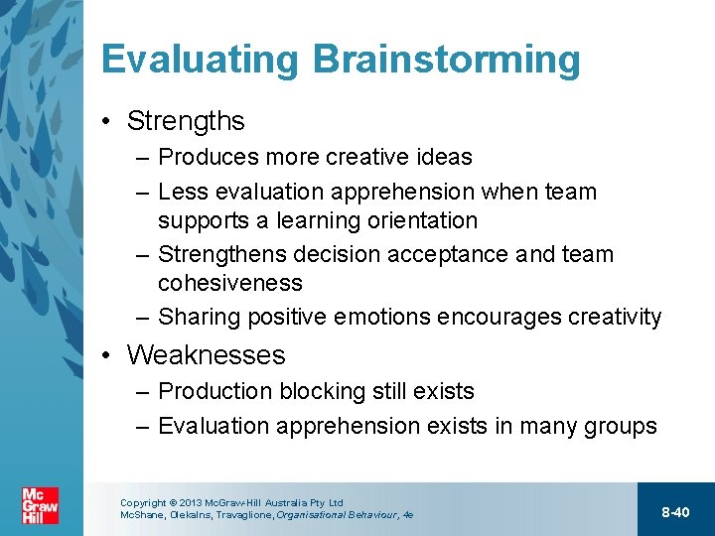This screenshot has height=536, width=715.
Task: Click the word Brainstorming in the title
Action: (x=446, y=60)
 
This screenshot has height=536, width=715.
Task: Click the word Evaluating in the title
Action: (x=199, y=60)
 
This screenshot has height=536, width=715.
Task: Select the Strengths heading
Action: (x=186, y=121)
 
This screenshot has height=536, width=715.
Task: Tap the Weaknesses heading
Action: (x=206, y=354)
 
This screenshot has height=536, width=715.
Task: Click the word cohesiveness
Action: (x=229, y=283)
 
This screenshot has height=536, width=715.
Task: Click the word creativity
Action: (x=614, y=317)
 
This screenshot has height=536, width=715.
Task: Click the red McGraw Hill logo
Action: (x=40, y=505)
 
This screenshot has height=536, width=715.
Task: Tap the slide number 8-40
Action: (x=675, y=511)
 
